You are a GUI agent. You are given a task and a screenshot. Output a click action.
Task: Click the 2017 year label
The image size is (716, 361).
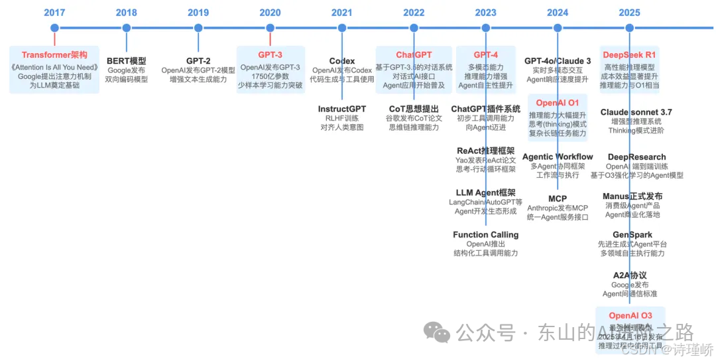tap(54, 12)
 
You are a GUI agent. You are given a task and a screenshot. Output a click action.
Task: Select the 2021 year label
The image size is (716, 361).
tap(342, 12)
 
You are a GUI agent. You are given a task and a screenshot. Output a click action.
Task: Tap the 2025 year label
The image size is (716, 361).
tap(629, 12)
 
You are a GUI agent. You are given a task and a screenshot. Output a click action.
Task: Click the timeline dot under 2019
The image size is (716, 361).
tap(198, 28)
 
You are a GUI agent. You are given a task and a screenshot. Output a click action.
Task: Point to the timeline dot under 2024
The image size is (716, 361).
tap(558, 28)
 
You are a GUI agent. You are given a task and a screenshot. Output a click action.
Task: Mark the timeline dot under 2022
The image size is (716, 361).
tap(414, 28)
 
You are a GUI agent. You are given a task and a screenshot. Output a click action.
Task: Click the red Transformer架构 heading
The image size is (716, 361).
tap(54, 54)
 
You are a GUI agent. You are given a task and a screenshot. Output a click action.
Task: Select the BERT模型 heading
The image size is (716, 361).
tap(126, 61)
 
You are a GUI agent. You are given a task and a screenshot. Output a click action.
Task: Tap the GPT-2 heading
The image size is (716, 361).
tap(198, 61)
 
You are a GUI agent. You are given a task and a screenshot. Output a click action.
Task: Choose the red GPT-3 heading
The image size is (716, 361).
tap(270, 54)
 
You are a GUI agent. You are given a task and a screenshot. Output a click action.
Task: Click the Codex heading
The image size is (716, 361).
tap(342, 61)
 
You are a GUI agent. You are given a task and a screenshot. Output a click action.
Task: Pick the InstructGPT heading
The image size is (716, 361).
tap(342, 109)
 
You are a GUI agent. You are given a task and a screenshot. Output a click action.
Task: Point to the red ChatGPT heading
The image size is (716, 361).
tap(414, 54)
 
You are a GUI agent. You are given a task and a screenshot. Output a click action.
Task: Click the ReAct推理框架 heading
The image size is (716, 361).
tap(486, 151)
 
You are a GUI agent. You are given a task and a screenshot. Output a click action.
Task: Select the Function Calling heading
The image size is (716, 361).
tap(486, 235)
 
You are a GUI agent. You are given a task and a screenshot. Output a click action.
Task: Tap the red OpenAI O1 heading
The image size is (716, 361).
tap(558, 103)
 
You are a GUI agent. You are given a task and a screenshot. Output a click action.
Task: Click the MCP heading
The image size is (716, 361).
tap(558, 199)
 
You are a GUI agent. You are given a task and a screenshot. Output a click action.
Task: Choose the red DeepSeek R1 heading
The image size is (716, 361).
tap(629, 54)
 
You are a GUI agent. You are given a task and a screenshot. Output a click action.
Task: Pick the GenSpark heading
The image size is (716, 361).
tap(632, 235)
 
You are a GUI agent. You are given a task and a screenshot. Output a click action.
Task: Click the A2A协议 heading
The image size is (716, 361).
tap(630, 275)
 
